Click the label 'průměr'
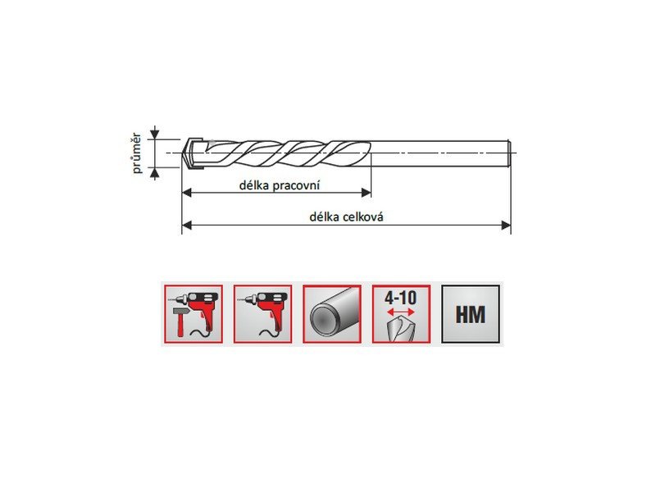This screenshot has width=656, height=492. click(136, 153)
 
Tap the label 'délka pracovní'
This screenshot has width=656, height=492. click(280, 185)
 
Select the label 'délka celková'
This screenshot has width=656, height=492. click(346, 216)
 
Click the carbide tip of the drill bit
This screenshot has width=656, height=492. click(193, 153)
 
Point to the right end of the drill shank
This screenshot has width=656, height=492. click(509, 153)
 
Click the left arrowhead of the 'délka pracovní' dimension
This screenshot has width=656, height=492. click(187, 193)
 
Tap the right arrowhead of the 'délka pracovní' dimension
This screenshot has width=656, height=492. click(366, 193)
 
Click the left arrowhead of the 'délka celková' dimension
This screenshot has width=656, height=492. click(187, 225)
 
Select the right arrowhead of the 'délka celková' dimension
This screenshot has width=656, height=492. click(506, 225)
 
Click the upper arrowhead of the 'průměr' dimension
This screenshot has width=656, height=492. click(155, 134)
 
